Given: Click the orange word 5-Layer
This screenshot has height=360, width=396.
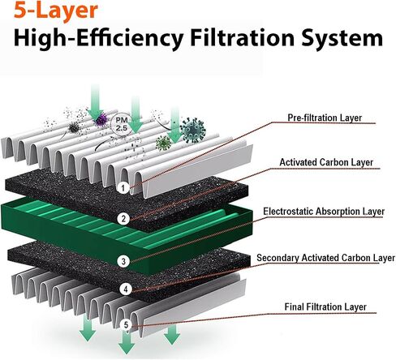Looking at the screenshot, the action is pyautogui.click(x=55, y=11).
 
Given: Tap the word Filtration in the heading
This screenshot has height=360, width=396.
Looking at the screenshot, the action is pyautogui.click(x=242, y=37).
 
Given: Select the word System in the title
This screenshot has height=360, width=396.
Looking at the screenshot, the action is pyautogui.click(x=342, y=38).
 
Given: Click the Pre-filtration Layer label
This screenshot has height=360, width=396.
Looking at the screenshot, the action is pyautogui.click(x=325, y=118).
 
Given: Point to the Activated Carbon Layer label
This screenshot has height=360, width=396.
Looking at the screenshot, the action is pyautogui.click(x=326, y=162).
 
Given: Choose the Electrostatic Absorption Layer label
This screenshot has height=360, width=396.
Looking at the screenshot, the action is pyautogui.click(x=324, y=212).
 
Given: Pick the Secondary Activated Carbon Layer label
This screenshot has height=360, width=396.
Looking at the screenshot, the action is pyautogui.click(x=325, y=258).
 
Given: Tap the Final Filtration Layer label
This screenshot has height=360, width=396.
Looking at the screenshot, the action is pyautogui.click(x=325, y=307).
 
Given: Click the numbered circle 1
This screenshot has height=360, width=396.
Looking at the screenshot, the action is pyautogui.click(x=123, y=188).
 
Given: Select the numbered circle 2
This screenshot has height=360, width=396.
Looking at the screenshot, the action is pyautogui.click(x=123, y=218).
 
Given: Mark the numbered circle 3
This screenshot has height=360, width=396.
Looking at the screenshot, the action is pyautogui.click(x=123, y=261).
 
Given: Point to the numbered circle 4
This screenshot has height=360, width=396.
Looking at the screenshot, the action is pyautogui.click(x=126, y=289).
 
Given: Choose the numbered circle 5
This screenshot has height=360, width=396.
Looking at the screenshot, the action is pyautogui.click(x=126, y=325).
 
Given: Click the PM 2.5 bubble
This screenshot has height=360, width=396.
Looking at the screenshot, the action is pyautogui.click(x=122, y=124).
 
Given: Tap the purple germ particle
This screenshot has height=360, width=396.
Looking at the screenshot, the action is pyautogui.click(x=101, y=120).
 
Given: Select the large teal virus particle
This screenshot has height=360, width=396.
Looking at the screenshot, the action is pyautogui.click(x=192, y=130).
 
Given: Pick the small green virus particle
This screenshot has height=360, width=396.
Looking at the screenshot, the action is pyautogui.click(x=163, y=144).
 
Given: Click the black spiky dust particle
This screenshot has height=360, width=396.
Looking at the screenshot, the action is pyautogui.click(x=74, y=127).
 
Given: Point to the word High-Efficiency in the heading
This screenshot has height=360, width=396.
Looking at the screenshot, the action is pyautogui.click(x=98, y=38).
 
